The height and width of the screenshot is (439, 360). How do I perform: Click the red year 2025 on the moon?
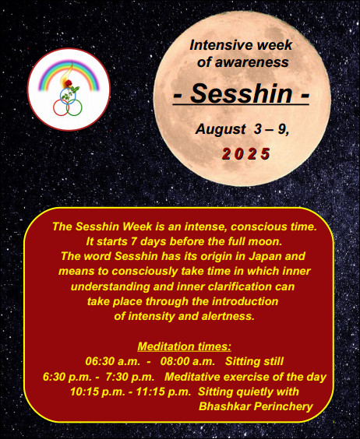246,154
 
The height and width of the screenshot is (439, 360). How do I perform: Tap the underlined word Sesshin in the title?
241,93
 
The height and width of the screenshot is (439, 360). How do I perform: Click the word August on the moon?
221,129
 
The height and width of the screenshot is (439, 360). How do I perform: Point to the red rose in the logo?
69,83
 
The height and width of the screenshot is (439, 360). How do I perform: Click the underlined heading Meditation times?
184,346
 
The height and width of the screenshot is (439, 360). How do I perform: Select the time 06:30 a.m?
113,361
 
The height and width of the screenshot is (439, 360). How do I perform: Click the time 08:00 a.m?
188,361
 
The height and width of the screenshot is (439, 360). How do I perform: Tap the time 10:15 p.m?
97,392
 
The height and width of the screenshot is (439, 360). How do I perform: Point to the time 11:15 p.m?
164,392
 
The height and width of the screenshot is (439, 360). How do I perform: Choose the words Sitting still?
254,361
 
